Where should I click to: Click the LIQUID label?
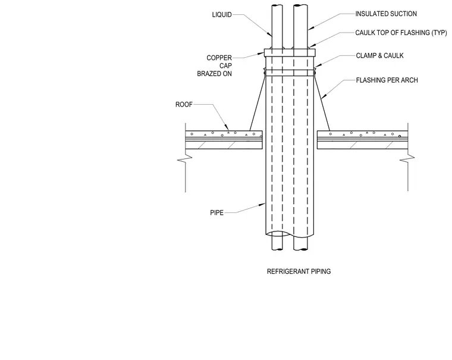pyautogui.click(x=222, y=15)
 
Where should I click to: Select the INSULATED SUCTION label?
pyautogui.click(x=386, y=14)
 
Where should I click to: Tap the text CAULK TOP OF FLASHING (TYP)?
pyautogui.click(x=401, y=33)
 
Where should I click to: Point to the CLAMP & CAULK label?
pyautogui.click(x=379, y=56)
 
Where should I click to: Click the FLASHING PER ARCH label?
pyautogui.click(x=387, y=80)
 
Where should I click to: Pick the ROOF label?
pyautogui.click(x=184, y=104)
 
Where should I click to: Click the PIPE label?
pyautogui.click(x=216, y=212)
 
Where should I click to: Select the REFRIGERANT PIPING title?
pyautogui.click(x=299, y=271)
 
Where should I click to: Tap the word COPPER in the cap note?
pyautogui.click(x=219, y=58)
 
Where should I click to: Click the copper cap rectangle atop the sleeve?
pyautogui.click(x=290, y=52)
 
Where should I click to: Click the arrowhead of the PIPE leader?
pyautogui.click(x=263, y=205)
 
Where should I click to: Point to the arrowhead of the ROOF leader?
pyautogui.click(x=227, y=128)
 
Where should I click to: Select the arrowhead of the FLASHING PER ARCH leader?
pyautogui.click(x=323, y=96)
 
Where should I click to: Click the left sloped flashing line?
pyautogui.click(x=257, y=102)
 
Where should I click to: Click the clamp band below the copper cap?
pyautogui.click(x=290, y=73)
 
